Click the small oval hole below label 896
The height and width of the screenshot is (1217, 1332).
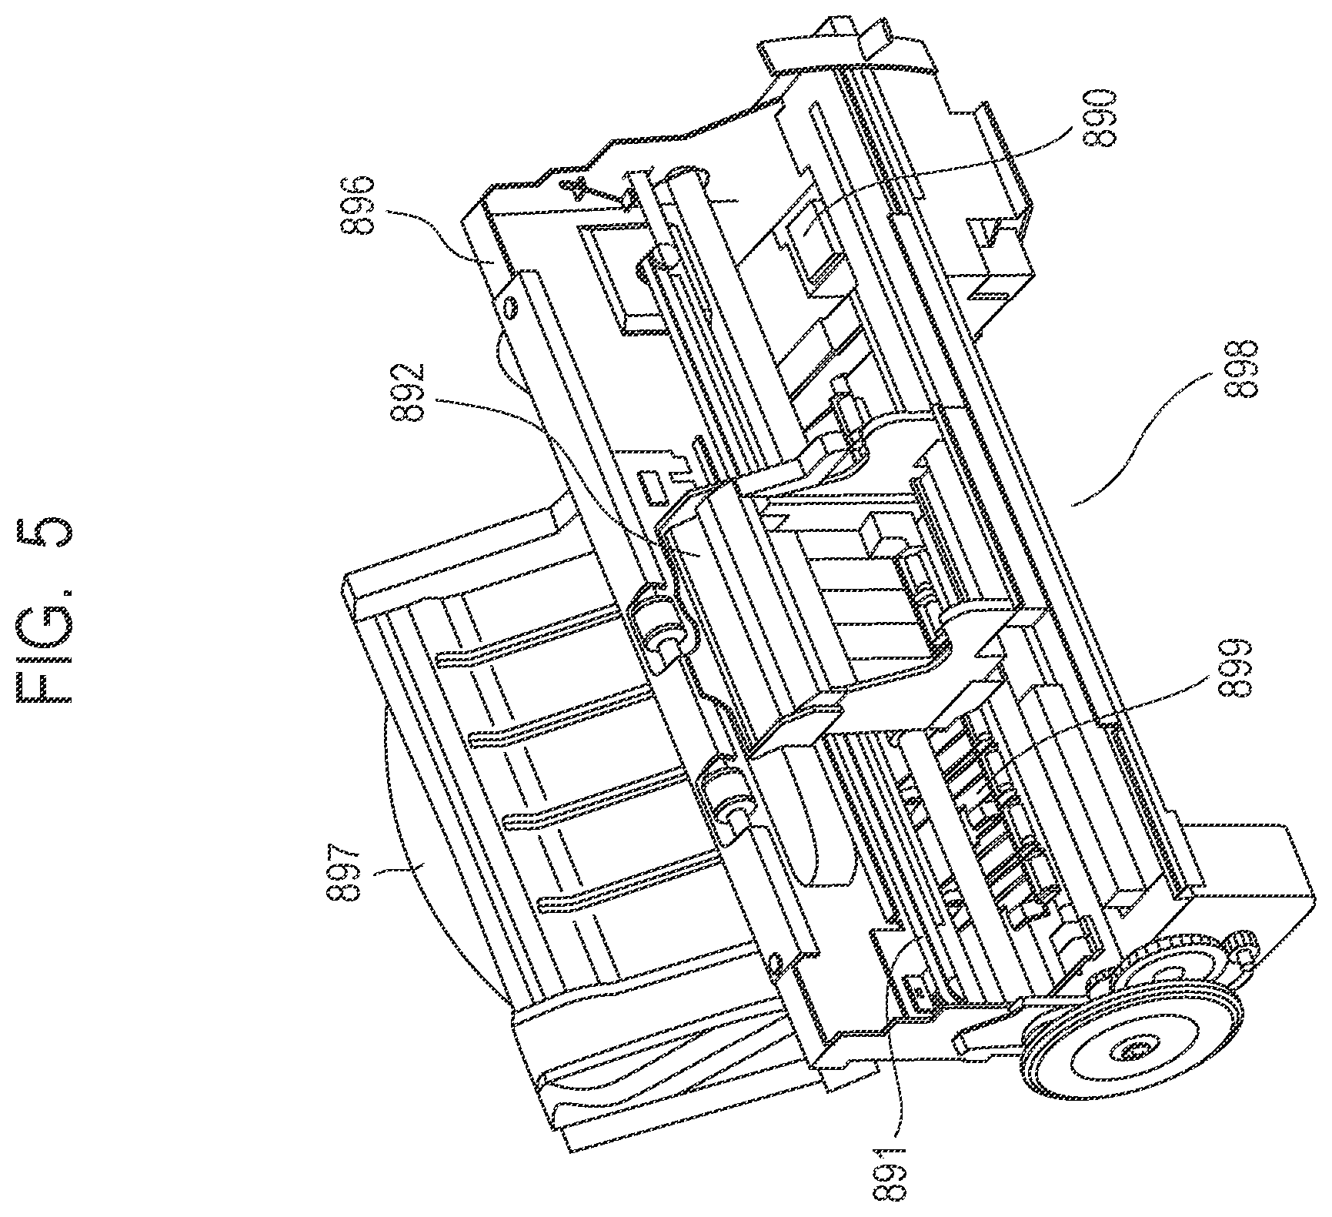509,306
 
